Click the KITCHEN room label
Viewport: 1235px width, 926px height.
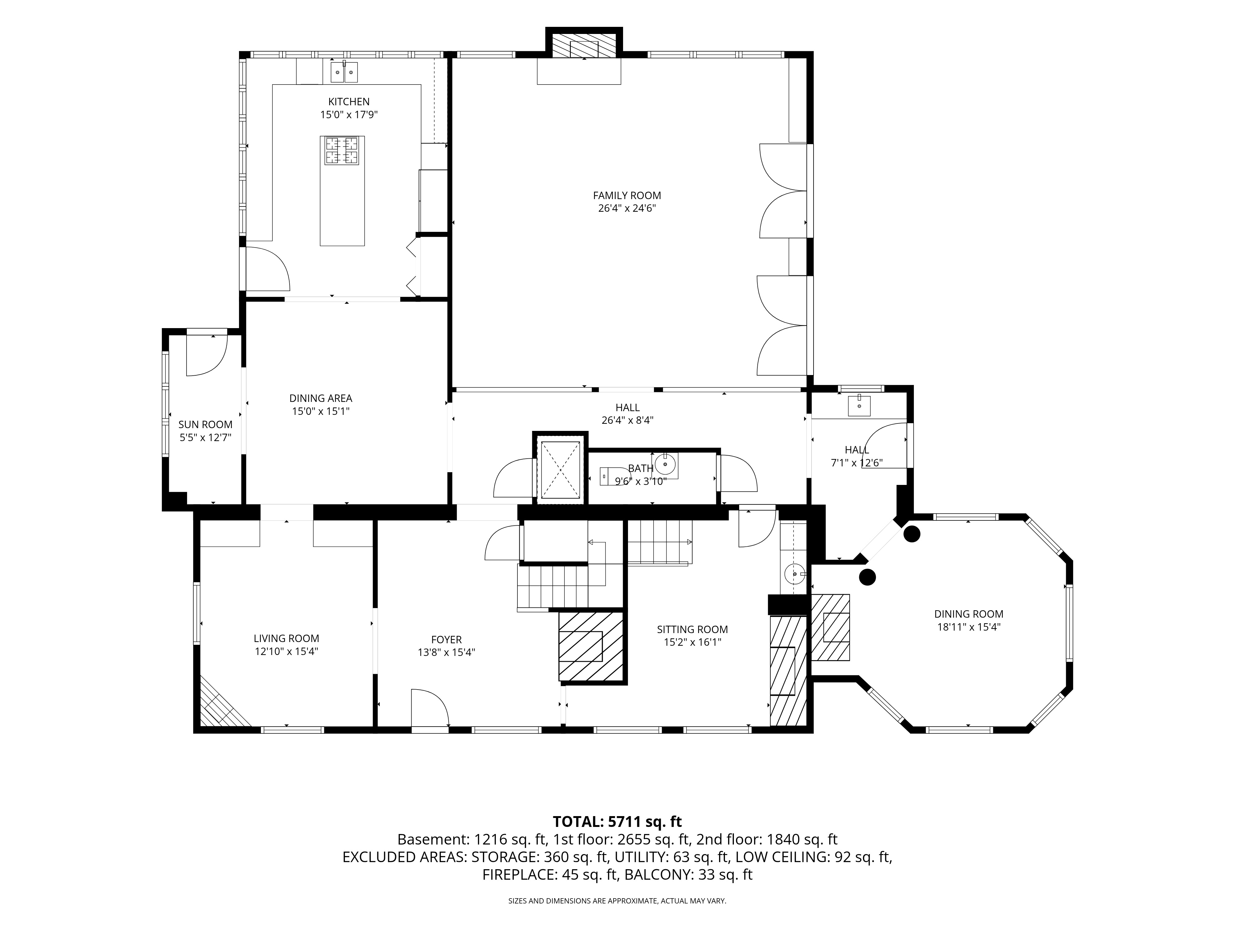[x=348, y=102]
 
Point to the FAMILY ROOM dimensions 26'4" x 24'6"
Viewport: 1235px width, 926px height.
[x=626, y=209]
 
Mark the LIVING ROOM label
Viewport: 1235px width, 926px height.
[x=287, y=639]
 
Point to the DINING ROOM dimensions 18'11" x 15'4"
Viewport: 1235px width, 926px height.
[x=969, y=627]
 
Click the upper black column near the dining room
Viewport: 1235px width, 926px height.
[x=912, y=534]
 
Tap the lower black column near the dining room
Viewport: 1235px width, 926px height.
[x=867, y=577]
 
